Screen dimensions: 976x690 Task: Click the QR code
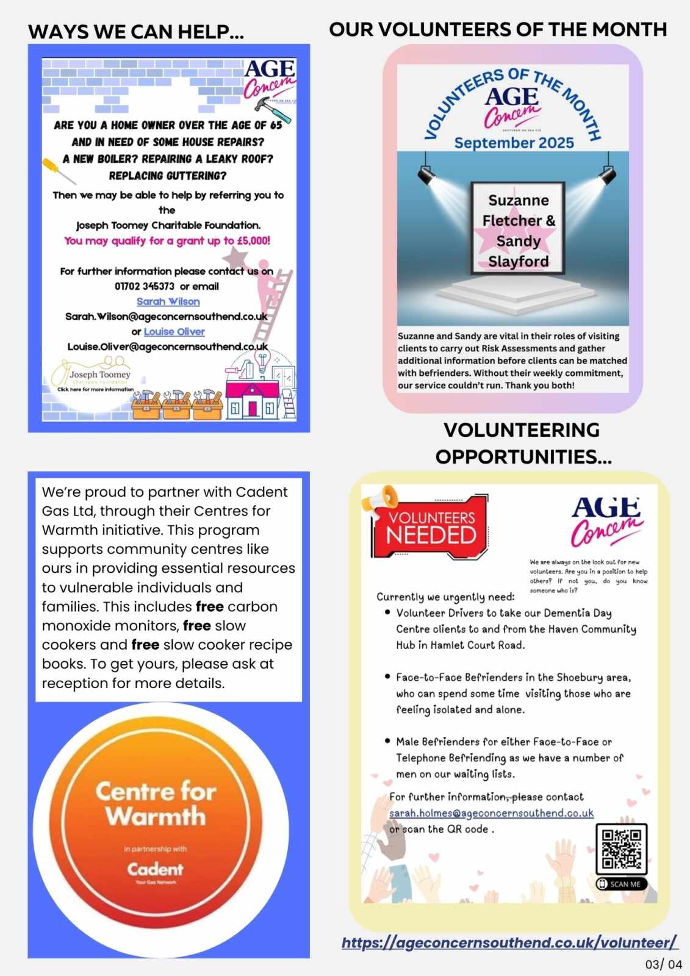point(621,849)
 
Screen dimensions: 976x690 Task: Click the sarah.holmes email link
point(491,813)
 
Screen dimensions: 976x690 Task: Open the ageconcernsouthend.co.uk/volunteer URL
point(509,942)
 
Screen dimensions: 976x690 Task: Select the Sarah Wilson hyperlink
point(168,301)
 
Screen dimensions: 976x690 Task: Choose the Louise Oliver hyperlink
point(174,332)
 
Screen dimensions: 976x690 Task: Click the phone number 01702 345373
point(145,286)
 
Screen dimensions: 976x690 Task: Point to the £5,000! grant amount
point(253,240)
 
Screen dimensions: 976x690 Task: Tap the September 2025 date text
point(514,143)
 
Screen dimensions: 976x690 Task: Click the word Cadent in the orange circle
point(155,869)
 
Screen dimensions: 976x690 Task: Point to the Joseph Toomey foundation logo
point(92,376)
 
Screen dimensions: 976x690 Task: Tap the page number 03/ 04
point(664,964)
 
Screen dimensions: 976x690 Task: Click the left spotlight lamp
point(426,176)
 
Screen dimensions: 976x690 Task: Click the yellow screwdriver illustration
point(59,170)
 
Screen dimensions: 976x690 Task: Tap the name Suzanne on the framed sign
point(519,201)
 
